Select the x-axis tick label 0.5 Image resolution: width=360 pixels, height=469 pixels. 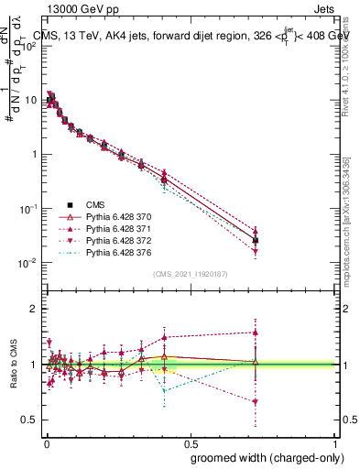[191, 442]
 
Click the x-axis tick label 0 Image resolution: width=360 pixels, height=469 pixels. [47, 442]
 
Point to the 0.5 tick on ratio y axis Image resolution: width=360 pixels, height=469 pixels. [33, 420]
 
